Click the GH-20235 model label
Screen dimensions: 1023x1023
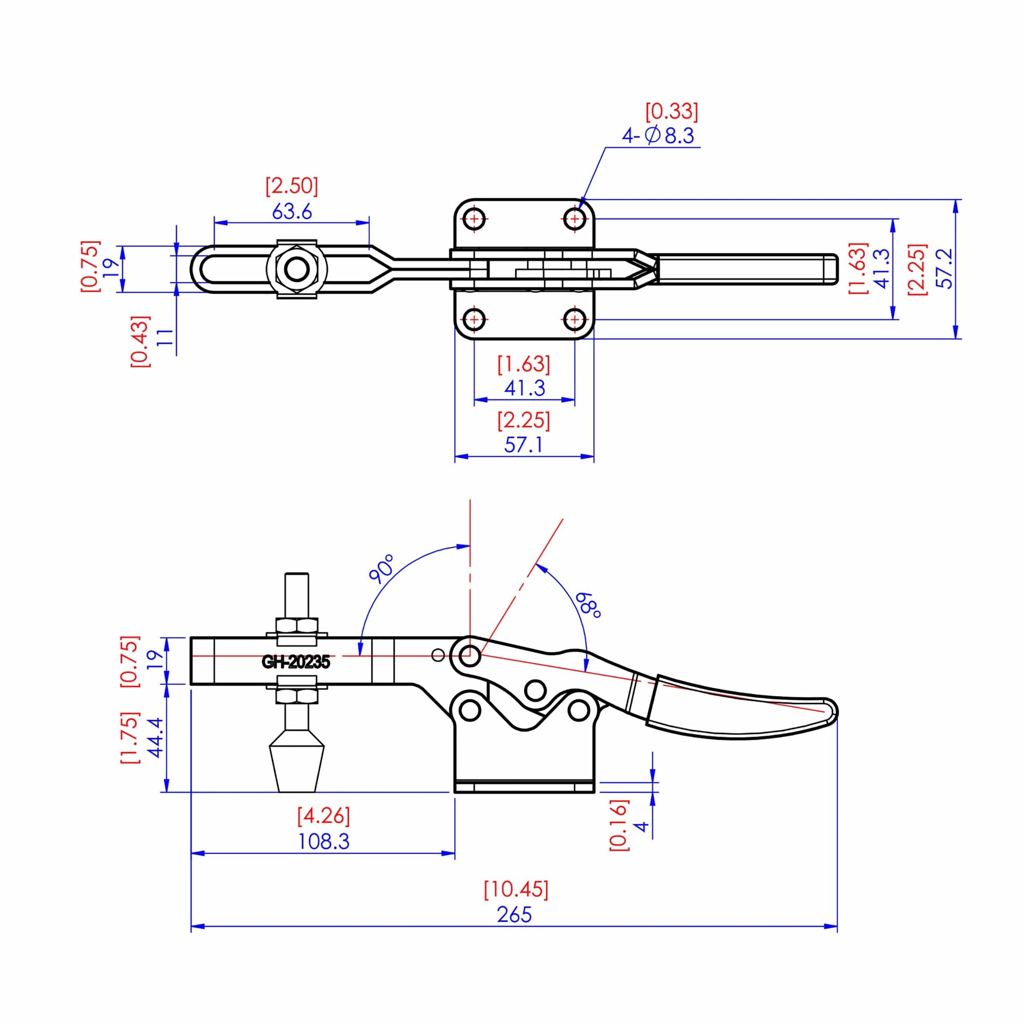click(x=295, y=662)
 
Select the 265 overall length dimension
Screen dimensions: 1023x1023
click(x=514, y=915)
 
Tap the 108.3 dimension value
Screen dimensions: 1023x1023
click(x=323, y=842)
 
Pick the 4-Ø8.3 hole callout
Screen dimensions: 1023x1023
click(x=658, y=136)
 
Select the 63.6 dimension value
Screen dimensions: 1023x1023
click(x=292, y=212)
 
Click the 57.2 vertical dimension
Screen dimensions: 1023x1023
click(x=946, y=269)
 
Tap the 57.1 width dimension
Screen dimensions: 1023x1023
click(x=523, y=445)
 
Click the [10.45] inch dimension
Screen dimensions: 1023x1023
click(x=516, y=889)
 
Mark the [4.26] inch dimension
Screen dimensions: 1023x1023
click(x=323, y=816)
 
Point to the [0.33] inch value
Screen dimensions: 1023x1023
click(x=671, y=111)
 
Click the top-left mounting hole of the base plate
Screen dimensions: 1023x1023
click(x=475, y=218)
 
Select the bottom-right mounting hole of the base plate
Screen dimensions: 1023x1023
click(x=575, y=319)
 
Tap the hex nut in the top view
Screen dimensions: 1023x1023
click(x=296, y=269)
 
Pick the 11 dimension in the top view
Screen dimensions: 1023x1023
click(x=165, y=337)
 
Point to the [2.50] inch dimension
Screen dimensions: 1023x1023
click(x=292, y=187)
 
